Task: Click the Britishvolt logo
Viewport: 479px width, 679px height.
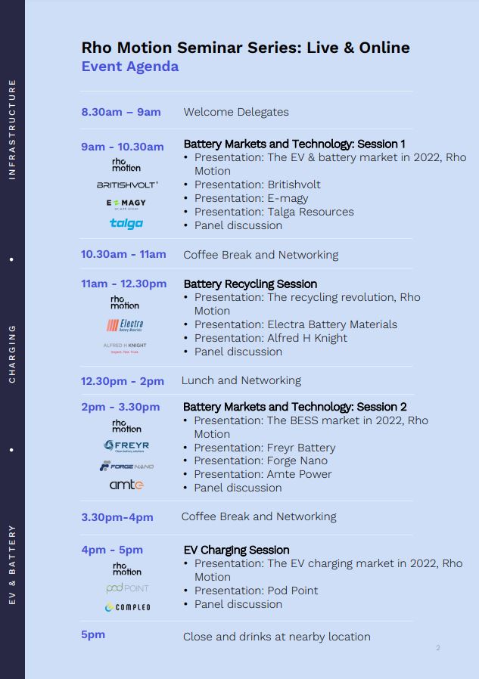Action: pos(127,185)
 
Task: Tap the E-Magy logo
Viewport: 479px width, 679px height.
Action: pos(126,204)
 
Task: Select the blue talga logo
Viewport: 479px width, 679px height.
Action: pos(126,223)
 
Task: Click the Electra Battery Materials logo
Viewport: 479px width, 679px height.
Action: pos(125,325)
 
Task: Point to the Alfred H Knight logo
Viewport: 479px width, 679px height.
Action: pos(125,348)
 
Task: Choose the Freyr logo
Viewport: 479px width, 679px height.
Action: pos(126,446)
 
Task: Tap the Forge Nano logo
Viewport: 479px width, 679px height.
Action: pos(126,466)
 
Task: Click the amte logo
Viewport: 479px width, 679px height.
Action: pos(126,485)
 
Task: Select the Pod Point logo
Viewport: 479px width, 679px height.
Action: pos(127,588)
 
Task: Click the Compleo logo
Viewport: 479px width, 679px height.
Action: pos(127,607)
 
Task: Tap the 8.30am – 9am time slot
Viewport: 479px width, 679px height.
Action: pos(121,112)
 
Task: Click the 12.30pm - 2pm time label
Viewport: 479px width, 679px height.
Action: pos(123,381)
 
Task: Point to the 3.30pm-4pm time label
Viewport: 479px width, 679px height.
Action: pos(117,517)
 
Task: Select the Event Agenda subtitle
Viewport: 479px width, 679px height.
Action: pos(130,67)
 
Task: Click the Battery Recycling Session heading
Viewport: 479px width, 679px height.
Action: pos(250,284)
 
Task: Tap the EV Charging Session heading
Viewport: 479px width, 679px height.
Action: pos(236,550)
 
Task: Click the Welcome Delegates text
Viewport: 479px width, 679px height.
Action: pos(236,112)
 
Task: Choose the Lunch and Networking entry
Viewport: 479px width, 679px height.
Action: pos(241,380)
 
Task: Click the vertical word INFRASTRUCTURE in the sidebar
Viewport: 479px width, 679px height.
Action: pos(12,129)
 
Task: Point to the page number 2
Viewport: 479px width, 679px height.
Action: pos(438,648)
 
